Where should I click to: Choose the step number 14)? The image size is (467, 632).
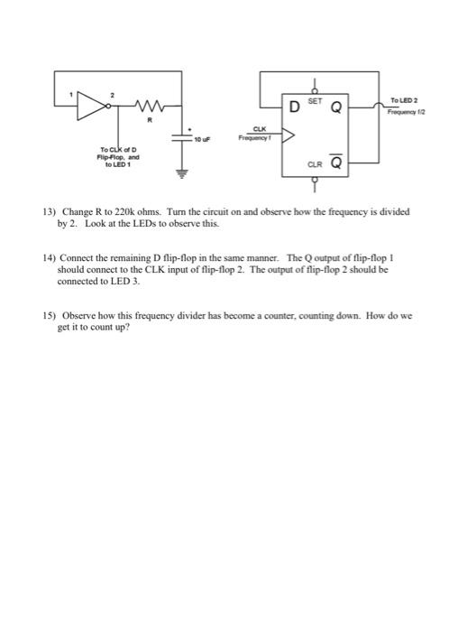(50, 256)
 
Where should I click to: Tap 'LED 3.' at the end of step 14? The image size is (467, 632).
(125, 281)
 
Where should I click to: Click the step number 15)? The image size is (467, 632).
(50, 317)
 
